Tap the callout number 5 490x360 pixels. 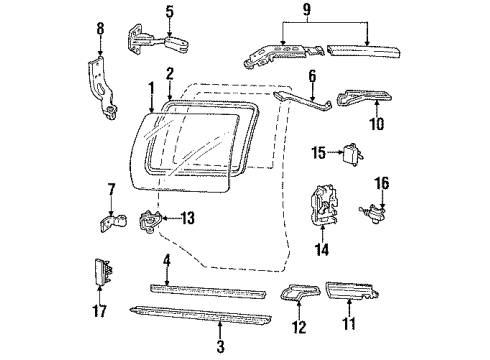pos(170,13)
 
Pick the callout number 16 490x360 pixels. pos(381,183)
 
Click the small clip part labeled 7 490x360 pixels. pos(113,221)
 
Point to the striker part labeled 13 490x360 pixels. pos(150,218)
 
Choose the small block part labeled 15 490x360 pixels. pos(351,153)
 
